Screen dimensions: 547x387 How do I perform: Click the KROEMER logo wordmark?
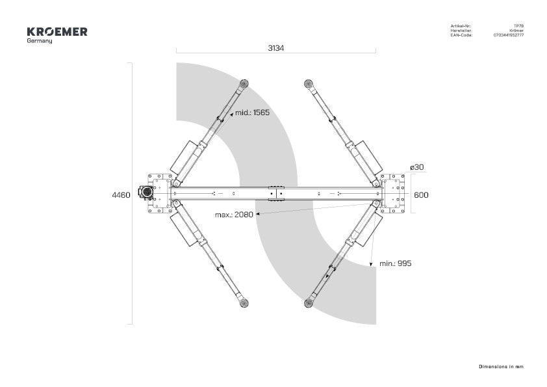pyautogui.click(x=57, y=32)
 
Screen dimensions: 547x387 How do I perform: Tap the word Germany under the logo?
pyautogui.click(x=40, y=41)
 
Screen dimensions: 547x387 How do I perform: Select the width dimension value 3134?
pyautogui.click(x=276, y=48)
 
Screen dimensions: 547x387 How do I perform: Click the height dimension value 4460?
pyautogui.click(x=121, y=195)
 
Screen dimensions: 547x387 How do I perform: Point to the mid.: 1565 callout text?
pyautogui.click(x=252, y=113)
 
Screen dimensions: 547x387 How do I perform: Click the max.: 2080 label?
pyautogui.click(x=234, y=215)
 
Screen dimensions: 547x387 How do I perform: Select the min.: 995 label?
pyautogui.click(x=395, y=263)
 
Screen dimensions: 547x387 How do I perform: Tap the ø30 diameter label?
pyautogui.click(x=417, y=167)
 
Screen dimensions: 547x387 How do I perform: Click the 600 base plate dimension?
pyautogui.click(x=421, y=195)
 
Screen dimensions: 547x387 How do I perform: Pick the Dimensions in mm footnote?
pyautogui.click(x=501, y=367)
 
